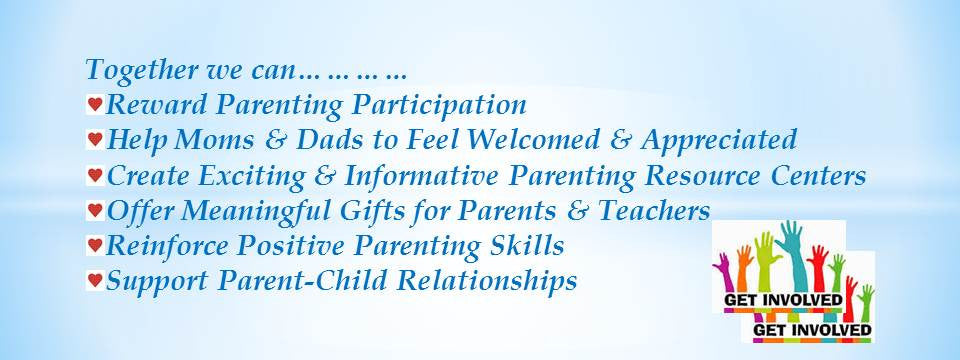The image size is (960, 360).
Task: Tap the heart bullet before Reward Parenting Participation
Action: (95, 103)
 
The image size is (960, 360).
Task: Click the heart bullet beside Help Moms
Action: (95, 138)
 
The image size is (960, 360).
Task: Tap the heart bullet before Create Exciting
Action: (95, 175)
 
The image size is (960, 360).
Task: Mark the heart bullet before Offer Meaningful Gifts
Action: (95, 210)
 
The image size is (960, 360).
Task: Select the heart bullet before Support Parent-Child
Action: (95, 280)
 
